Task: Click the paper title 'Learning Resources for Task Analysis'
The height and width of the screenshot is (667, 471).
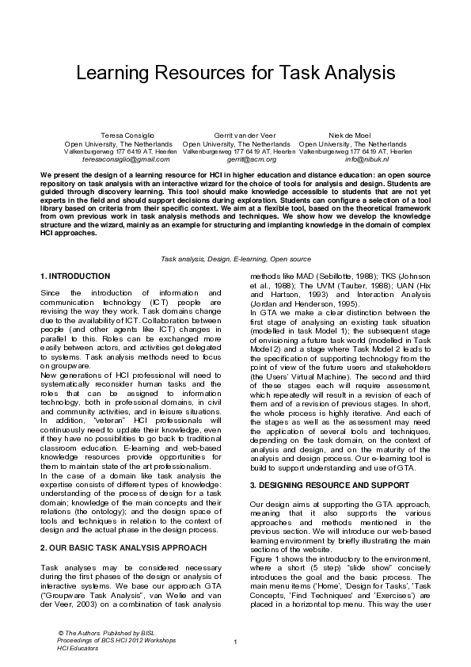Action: coord(235,74)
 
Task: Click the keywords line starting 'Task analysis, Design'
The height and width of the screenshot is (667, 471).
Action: coord(235,259)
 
